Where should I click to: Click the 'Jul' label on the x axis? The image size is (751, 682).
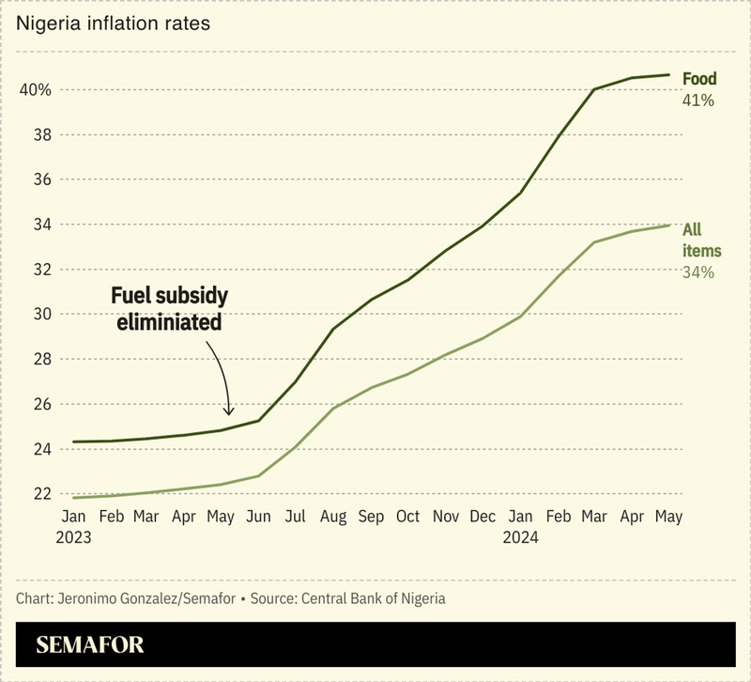coord(295,517)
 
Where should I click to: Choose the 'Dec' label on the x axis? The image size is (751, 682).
coord(483,517)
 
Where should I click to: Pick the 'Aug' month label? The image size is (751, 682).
coord(331,517)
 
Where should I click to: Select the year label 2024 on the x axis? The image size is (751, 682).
coord(520,538)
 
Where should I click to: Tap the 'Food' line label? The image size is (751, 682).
coord(699,79)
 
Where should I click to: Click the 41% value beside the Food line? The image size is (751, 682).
coord(698,100)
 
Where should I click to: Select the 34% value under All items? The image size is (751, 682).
coord(698,272)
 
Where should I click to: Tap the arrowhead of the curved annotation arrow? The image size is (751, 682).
coord(228,411)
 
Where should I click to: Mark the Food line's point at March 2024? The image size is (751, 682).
coord(593,89)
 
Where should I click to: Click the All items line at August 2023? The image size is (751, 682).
coord(333,408)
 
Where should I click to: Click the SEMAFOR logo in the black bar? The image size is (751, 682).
coord(91,645)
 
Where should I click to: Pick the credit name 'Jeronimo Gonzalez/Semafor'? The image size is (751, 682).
coord(142,598)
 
